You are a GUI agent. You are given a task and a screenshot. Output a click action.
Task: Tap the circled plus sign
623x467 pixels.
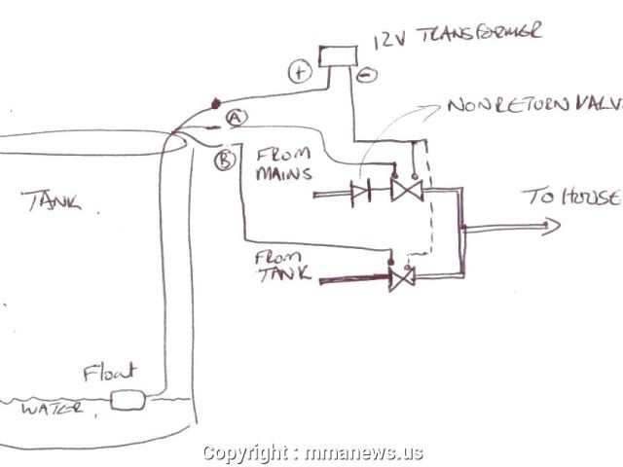[298, 70]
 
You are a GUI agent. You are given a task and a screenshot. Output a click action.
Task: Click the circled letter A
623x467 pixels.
[235, 117]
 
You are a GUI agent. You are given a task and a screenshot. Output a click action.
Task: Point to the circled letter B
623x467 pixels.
[223, 159]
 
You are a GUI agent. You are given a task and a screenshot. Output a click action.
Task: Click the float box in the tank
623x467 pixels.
[128, 398]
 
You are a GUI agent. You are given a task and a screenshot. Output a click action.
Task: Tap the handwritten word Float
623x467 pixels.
[109, 372]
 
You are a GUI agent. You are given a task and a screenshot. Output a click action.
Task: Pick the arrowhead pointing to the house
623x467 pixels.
[551, 228]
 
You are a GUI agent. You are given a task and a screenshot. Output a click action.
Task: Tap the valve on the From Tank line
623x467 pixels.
[401, 278]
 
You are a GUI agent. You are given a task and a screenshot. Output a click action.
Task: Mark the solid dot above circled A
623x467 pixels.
[215, 100]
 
